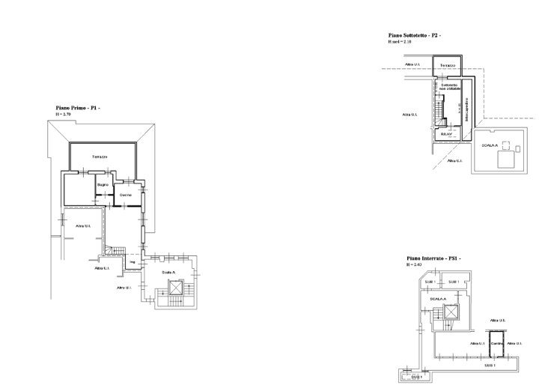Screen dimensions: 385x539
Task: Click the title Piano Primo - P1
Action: point(78,108)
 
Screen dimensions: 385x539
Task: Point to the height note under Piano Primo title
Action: point(63,115)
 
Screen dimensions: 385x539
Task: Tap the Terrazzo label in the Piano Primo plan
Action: point(99,157)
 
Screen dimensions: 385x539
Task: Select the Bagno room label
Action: point(104,184)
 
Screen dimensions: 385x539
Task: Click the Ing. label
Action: point(133,262)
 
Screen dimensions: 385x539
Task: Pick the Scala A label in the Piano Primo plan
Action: point(168,272)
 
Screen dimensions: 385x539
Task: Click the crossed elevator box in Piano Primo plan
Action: point(175,286)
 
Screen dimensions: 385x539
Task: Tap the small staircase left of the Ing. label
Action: point(116,249)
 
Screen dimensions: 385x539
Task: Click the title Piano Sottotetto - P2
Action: point(415,35)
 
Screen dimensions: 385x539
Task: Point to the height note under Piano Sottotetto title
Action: point(400,42)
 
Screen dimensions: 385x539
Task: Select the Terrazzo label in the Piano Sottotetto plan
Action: point(447,66)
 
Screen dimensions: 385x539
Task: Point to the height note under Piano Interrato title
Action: point(413,265)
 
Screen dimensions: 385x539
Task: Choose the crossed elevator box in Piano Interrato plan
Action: point(451,313)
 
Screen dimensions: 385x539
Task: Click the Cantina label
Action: point(496,343)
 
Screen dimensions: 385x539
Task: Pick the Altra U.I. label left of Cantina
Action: point(478,343)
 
